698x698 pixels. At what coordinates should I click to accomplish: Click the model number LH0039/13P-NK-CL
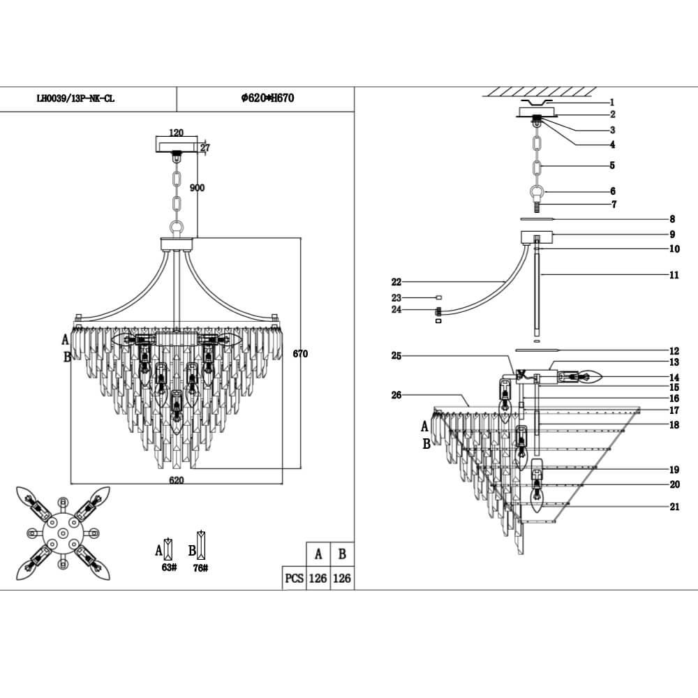75,99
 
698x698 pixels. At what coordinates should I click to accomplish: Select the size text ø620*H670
267,99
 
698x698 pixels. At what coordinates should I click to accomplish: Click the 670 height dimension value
300,354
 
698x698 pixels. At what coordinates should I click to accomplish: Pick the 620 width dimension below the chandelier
176,480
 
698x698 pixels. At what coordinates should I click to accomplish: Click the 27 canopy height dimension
205,147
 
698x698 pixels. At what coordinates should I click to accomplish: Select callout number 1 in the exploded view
611,103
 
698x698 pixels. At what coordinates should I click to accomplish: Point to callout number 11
674,276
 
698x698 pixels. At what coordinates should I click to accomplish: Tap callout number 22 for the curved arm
396,282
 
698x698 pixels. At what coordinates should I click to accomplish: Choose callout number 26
396,395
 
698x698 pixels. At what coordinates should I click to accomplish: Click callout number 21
674,507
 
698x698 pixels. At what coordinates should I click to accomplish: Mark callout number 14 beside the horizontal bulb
674,378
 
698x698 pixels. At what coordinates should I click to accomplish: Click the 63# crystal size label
168,567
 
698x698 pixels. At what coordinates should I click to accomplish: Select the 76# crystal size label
201,567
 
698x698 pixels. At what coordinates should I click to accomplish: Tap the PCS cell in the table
294,579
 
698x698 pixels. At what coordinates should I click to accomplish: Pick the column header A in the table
318,554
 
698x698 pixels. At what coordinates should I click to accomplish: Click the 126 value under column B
342,579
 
